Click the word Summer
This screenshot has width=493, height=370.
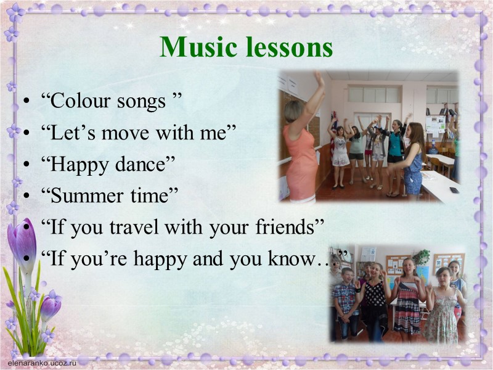point(82,195)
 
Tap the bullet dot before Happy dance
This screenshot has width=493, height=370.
point(25,165)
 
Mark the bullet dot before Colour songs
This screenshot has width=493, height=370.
point(25,102)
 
